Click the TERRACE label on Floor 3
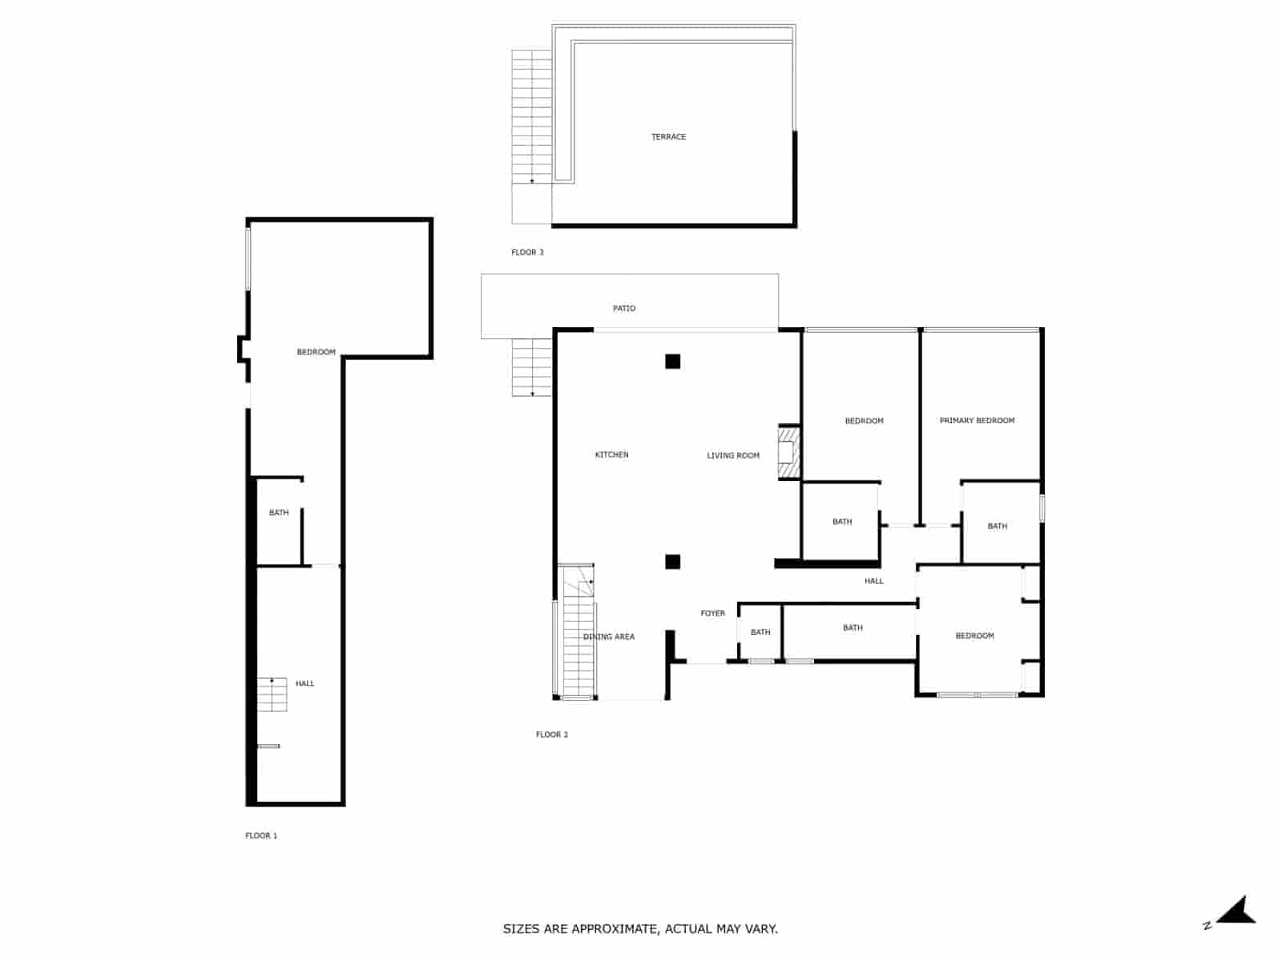(x=668, y=137)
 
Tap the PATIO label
(x=623, y=309)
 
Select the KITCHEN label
(x=611, y=455)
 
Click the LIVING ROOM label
(x=732, y=456)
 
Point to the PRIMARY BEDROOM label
(x=977, y=421)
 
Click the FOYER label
(x=712, y=614)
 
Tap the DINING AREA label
(x=609, y=637)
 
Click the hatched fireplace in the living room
(x=789, y=454)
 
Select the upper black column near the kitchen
(x=672, y=362)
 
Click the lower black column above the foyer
(x=672, y=562)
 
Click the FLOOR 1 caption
(x=261, y=836)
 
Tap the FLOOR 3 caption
(x=527, y=253)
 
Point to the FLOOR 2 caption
(x=552, y=735)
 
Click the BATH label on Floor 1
(x=279, y=513)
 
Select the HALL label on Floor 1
(x=304, y=684)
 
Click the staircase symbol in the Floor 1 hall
(x=272, y=695)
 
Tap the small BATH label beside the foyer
(x=760, y=633)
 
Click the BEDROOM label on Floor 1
(x=316, y=353)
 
